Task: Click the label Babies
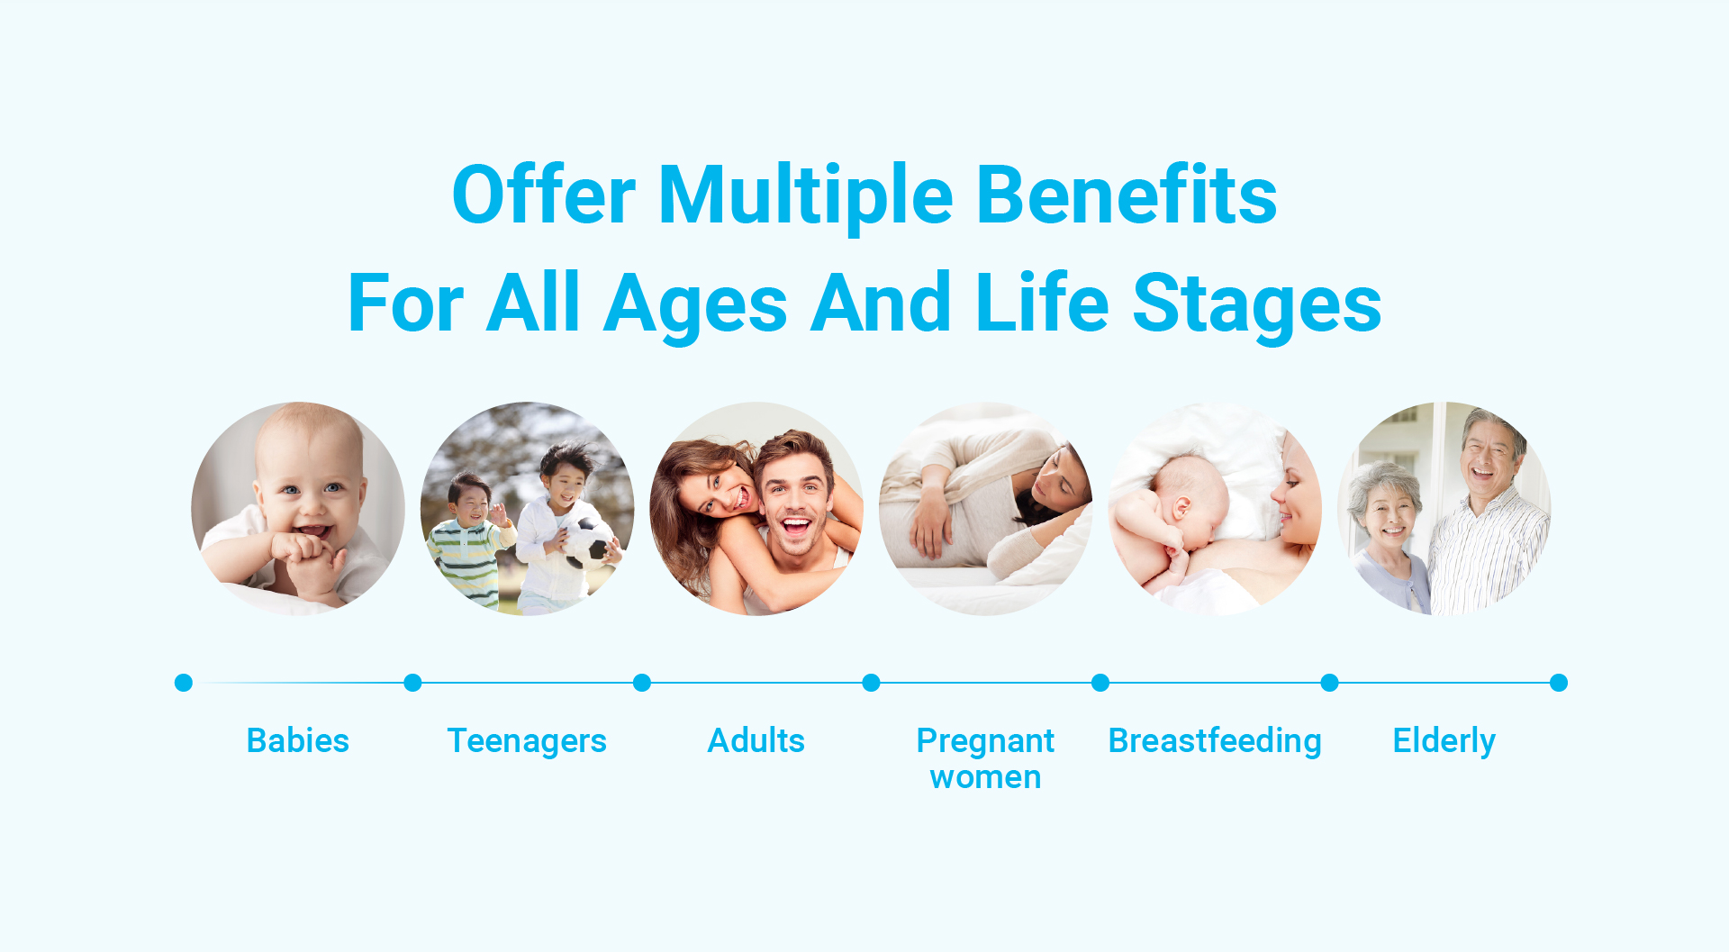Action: (298, 740)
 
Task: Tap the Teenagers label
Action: (527, 741)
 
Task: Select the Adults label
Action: (756, 740)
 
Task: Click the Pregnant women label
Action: (985, 758)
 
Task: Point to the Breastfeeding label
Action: (1215, 741)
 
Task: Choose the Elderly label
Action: (1444, 741)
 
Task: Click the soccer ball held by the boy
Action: (590, 544)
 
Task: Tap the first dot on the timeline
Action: (184, 683)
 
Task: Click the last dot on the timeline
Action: (1559, 683)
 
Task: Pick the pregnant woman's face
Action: (1057, 478)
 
